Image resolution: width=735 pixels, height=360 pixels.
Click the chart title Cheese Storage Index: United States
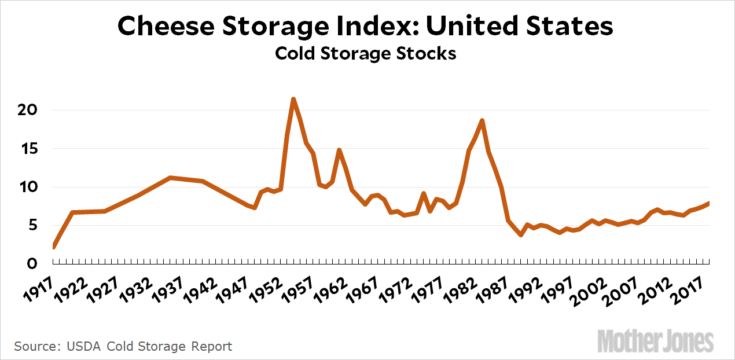click(x=365, y=27)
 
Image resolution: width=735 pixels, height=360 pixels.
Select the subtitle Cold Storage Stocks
click(x=365, y=53)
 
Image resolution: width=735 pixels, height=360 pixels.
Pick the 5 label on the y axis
click(x=32, y=225)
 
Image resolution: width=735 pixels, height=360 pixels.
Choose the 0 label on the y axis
click(x=32, y=264)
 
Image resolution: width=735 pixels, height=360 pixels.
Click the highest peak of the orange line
click(x=293, y=99)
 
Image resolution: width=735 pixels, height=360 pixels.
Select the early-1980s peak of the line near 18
click(x=482, y=120)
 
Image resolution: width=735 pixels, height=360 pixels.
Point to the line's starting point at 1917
click(x=54, y=247)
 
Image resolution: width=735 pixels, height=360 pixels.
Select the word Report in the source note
click(x=210, y=347)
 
